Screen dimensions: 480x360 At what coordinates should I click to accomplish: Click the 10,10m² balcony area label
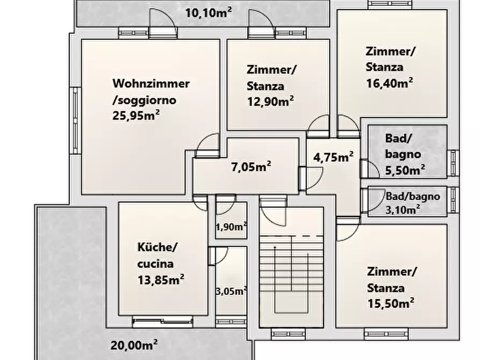pyautogui.click(x=209, y=13)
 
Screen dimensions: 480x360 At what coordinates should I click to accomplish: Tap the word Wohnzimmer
pyautogui.click(x=151, y=84)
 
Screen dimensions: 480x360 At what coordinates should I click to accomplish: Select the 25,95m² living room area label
pyautogui.click(x=136, y=116)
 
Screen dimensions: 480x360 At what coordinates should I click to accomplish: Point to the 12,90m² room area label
pyautogui.click(x=270, y=101)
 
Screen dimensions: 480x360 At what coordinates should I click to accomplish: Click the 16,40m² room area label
pyautogui.click(x=390, y=83)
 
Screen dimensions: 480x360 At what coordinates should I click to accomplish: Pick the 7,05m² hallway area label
pyautogui.click(x=251, y=167)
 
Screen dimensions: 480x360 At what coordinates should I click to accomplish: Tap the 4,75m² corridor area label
pyautogui.click(x=333, y=157)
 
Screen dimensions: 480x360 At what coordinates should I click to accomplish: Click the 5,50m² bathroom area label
pyautogui.click(x=405, y=170)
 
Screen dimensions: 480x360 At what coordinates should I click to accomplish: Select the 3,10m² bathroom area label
pyautogui.click(x=403, y=210)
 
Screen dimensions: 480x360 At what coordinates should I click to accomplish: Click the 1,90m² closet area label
pyautogui.click(x=232, y=227)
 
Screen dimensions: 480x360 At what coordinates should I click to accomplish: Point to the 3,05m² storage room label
pyautogui.click(x=232, y=291)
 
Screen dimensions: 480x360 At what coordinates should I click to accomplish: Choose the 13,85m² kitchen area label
pyautogui.click(x=161, y=280)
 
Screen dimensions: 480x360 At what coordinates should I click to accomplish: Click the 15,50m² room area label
pyautogui.click(x=391, y=304)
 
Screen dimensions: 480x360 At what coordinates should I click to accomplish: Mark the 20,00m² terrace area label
pyautogui.click(x=134, y=345)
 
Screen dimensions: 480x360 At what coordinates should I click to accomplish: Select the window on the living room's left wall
pyautogui.click(x=75, y=120)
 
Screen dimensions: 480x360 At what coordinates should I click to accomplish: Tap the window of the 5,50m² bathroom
pyautogui.click(x=453, y=163)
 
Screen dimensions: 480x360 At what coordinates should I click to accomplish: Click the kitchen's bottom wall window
pyautogui.click(x=162, y=322)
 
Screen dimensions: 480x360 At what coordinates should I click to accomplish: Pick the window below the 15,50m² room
pyautogui.click(x=386, y=334)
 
